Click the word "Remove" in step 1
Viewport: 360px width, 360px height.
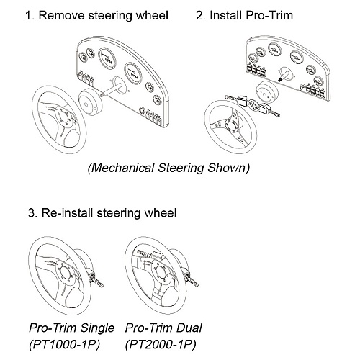pos(62,15)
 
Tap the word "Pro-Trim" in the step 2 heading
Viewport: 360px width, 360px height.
pos(269,15)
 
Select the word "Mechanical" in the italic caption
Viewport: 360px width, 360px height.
pos(122,168)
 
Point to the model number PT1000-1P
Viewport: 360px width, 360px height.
pos(64,345)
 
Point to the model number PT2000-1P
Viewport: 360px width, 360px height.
pos(161,345)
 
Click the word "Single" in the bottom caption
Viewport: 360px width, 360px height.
pos(97,328)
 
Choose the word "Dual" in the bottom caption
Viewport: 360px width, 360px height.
pos(189,328)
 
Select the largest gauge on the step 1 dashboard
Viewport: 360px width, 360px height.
pos(107,58)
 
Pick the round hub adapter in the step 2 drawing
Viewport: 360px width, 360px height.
pos(266,92)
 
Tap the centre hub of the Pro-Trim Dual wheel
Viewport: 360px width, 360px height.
pos(161,273)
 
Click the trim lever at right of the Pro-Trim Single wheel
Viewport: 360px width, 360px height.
pos(95,279)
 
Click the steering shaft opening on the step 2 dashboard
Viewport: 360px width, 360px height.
pos(284,73)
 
